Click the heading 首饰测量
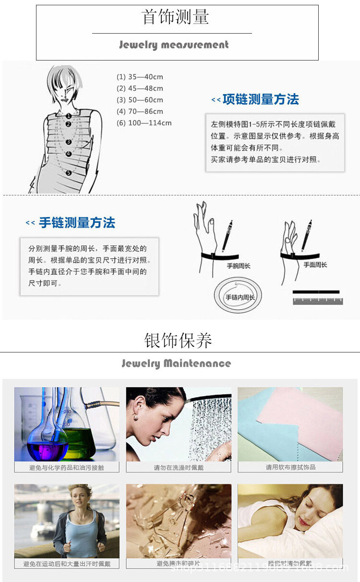pos(176,18)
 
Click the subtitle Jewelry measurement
pos(174,45)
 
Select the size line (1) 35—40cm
pos(140,77)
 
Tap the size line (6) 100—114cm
pos(144,123)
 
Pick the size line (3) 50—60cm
pos(140,100)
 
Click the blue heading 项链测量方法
pos(261,99)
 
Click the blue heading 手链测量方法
pos(77,223)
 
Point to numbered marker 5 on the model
pos(69,172)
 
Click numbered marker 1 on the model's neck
pos(69,116)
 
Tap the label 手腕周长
pos(239,266)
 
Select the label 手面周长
pos(315,265)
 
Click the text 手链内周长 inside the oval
pos(240,298)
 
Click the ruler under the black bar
pos(318,301)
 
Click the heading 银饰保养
pos(178,341)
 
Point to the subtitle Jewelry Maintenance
pos(176,364)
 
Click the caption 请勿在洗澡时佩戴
pos(179,467)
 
